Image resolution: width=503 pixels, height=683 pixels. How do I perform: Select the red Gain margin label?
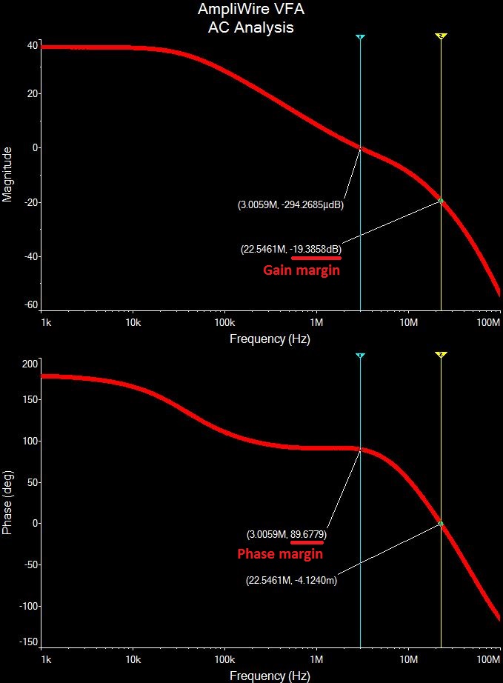tap(302, 270)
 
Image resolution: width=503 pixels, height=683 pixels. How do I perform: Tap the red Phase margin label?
tap(279, 553)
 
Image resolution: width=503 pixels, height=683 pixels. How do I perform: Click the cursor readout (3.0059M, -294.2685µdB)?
tap(291, 204)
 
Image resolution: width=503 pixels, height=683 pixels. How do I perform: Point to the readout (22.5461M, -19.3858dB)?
tap(291, 249)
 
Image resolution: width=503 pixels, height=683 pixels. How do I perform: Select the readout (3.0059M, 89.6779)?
tap(287, 533)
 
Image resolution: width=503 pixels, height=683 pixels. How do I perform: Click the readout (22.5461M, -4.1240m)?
tap(291, 581)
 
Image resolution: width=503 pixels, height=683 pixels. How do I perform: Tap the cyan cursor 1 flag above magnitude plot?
tap(360, 36)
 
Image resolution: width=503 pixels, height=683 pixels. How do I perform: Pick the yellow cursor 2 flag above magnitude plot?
tap(441, 36)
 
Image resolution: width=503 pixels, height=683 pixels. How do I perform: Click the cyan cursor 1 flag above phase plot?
tap(360, 356)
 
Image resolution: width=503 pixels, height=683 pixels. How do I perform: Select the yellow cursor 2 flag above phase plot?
tap(441, 356)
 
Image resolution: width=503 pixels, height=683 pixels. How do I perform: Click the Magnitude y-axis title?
tap(8, 175)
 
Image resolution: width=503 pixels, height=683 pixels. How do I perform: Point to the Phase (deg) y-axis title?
tap(8, 502)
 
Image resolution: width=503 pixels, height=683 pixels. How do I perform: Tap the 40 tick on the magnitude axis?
tap(32, 45)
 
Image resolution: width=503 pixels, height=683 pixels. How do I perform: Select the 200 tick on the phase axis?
tap(30, 364)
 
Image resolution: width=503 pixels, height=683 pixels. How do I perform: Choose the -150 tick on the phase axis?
tap(28, 642)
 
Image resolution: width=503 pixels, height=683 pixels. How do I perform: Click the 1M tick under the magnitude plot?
tap(316, 323)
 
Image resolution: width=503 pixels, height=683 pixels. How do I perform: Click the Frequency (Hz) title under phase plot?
tap(270, 676)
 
